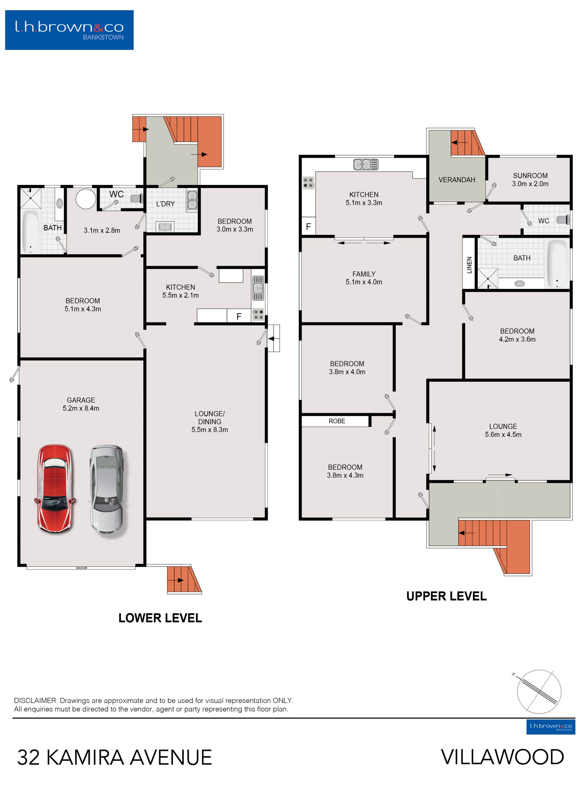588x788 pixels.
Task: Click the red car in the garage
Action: point(55,489)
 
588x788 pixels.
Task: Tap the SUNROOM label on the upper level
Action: point(530,176)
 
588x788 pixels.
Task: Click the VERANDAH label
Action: point(457,180)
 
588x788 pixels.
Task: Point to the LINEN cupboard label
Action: point(469,265)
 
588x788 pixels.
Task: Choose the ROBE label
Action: point(337,421)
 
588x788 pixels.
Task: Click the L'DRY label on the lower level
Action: point(165,204)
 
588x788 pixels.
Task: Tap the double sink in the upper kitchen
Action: point(366,164)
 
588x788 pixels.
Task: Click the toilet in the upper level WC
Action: point(563,220)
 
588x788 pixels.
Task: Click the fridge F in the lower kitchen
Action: point(239,316)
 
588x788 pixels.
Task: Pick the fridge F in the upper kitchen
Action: point(308,226)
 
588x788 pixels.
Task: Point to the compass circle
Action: point(539,692)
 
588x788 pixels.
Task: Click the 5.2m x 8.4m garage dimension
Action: point(81,408)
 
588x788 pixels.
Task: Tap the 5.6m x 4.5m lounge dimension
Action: point(503,434)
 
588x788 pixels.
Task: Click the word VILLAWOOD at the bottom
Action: point(502,757)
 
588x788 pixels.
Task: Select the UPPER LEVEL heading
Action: point(446,597)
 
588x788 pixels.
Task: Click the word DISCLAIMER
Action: point(35,700)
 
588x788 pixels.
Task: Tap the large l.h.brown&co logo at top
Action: point(70,30)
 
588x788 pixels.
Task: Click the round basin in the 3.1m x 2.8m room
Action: point(85,198)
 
